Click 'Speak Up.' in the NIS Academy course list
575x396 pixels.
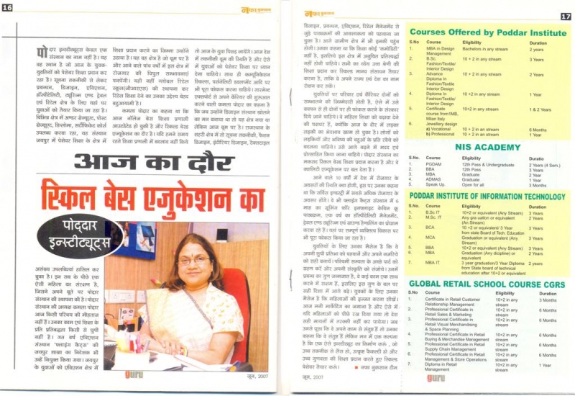pos(438,184)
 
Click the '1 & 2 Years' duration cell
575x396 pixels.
pos(539,109)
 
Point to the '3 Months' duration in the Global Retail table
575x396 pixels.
pos(538,300)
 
